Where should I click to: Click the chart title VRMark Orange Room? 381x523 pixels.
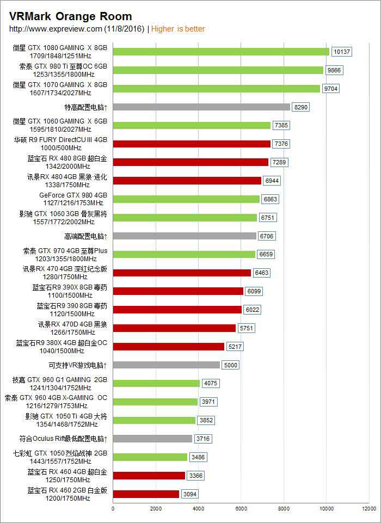click(70, 17)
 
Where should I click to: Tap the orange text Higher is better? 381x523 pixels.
click(178, 29)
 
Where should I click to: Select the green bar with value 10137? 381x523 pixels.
click(221, 52)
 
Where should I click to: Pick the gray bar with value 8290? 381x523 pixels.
click(201, 107)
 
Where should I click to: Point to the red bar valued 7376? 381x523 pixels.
click(192, 144)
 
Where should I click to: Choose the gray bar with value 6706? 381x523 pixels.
click(185, 236)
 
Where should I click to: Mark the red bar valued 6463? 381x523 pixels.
click(182, 273)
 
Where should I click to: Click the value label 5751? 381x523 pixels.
click(246, 328)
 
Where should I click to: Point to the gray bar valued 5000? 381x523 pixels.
click(167, 365)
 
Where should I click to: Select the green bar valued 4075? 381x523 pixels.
click(156, 383)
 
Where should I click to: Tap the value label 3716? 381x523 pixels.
click(203, 439)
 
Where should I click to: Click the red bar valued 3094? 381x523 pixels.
click(146, 494)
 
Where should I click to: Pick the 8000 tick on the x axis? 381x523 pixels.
click(284, 509)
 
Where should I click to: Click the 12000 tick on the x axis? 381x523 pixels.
click(369, 509)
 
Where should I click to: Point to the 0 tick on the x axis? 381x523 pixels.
click(113, 509)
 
